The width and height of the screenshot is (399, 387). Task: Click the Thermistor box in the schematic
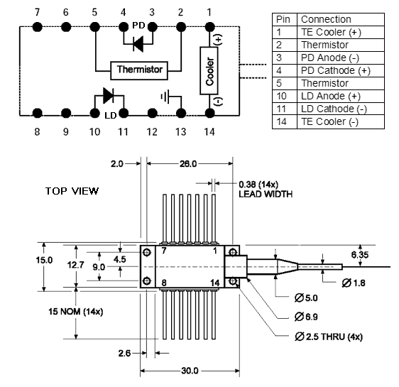pos(139,70)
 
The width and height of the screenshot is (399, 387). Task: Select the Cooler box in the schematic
pos(209,70)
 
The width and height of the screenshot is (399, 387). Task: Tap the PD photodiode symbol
pos(138,44)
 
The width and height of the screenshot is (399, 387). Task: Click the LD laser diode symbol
pos(108,95)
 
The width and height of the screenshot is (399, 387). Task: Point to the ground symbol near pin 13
pos(165,97)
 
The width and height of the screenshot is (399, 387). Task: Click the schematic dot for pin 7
pos(38,27)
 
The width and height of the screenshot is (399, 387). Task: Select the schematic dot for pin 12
pos(152,113)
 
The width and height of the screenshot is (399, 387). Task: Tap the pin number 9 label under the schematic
pos(65,132)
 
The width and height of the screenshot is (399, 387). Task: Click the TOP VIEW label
pos(72,191)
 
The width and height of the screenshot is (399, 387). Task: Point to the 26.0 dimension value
pos(188,163)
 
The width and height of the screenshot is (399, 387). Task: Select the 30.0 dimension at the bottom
pos(190,371)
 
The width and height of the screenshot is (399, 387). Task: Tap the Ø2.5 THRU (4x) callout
pos(329,337)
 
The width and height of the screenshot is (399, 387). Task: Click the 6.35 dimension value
pos(360,255)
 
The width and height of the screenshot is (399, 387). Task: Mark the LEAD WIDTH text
pos(266,194)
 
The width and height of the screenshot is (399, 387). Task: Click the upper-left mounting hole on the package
pos(147,252)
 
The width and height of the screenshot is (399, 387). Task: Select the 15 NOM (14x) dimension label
pos(75,311)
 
